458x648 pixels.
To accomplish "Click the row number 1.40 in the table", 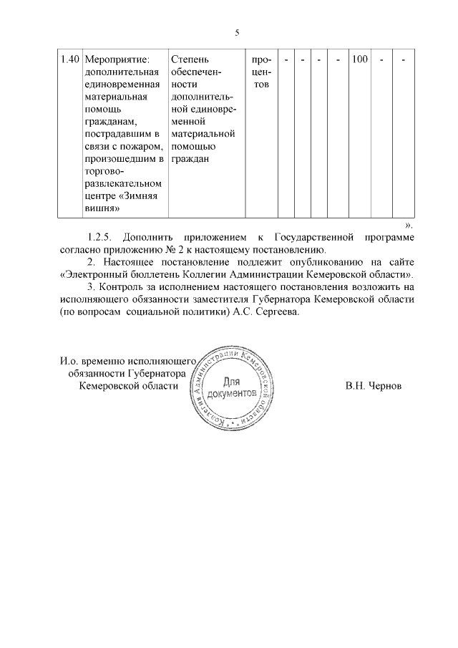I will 69,59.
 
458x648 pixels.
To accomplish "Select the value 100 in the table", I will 359,59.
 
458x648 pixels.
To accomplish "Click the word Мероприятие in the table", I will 114,59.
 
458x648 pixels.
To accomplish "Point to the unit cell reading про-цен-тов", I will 261,72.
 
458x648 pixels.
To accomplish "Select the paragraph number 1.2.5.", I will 100,237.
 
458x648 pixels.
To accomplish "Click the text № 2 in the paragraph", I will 183,250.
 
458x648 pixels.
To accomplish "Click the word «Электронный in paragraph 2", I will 96,275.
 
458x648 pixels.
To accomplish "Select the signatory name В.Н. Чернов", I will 373,385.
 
